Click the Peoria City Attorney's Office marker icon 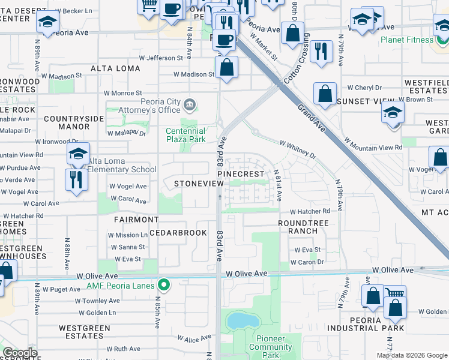pyautogui.click(x=190, y=106)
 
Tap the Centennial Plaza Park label pyautogui.click(x=185, y=135)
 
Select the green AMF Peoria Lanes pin pyautogui.click(x=162, y=284)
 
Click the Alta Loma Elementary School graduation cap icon pyautogui.click(x=79, y=155)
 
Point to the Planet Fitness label pyautogui.click(x=406, y=40)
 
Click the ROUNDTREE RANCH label pyautogui.click(x=303, y=227)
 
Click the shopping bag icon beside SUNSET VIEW pyautogui.click(x=325, y=94)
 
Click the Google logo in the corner pyautogui.click(x=20, y=353)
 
